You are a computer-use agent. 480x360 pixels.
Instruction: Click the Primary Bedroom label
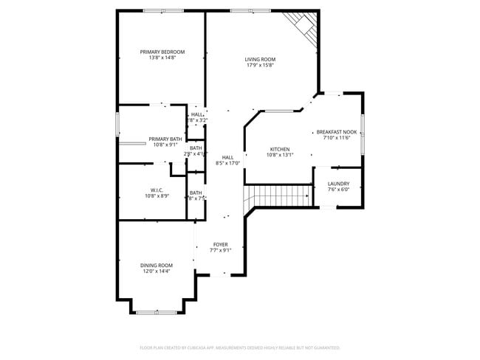point(162,52)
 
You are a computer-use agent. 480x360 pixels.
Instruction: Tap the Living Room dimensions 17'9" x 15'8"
point(260,66)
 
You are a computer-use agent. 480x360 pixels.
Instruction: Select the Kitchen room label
point(279,149)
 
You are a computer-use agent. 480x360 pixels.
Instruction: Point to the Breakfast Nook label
point(337,132)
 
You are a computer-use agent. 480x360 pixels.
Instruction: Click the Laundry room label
point(338,184)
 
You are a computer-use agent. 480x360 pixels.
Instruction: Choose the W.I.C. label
point(157,190)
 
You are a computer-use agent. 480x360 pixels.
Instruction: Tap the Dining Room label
point(157,265)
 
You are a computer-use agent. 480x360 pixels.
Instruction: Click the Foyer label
point(221,244)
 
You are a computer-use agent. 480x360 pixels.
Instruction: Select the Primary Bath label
point(165,139)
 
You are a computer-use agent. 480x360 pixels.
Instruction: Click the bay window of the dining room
point(157,312)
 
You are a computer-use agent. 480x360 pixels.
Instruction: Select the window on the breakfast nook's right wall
point(363,133)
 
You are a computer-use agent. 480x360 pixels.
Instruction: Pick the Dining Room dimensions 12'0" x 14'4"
point(157,271)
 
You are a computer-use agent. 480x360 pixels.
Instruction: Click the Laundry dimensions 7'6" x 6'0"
point(338,190)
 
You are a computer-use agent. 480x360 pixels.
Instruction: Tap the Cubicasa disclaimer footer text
point(240,347)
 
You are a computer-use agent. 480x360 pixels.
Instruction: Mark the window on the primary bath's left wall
point(117,122)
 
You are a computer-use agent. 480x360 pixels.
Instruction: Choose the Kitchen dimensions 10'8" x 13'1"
point(279,155)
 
